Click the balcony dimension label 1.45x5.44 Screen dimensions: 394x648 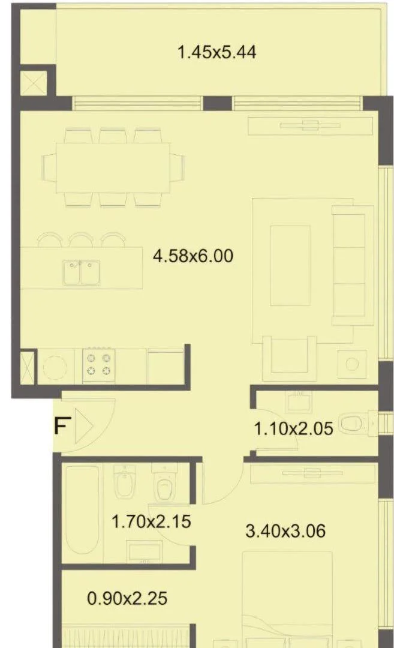pos(217,52)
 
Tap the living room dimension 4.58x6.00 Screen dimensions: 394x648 pos(193,256)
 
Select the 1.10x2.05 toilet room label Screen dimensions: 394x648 pos(293,428)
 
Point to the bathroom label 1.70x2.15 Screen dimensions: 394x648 pos(151,521)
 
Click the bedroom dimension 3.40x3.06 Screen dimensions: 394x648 pos(285,530)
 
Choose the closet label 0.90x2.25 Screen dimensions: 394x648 pos(127,598)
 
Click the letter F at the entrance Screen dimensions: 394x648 pos(62,425)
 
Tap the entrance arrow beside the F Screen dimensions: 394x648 pos(84,425)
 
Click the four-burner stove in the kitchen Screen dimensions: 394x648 pos(99,366)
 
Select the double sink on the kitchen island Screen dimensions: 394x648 pos(82,273)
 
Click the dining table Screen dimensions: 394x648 pos(113,168)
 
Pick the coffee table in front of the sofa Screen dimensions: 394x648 pos(290,265)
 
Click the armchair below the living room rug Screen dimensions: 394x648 pos(289,354)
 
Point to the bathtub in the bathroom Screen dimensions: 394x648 pos(82,511)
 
